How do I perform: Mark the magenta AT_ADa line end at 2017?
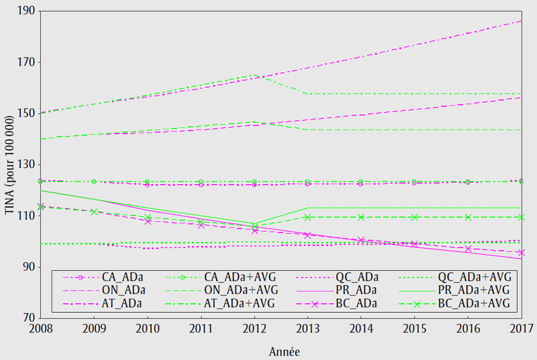pos(521,21)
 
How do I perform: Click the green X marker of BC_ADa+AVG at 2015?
pos(415,217)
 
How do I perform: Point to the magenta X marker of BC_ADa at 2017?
pos(521,252)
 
